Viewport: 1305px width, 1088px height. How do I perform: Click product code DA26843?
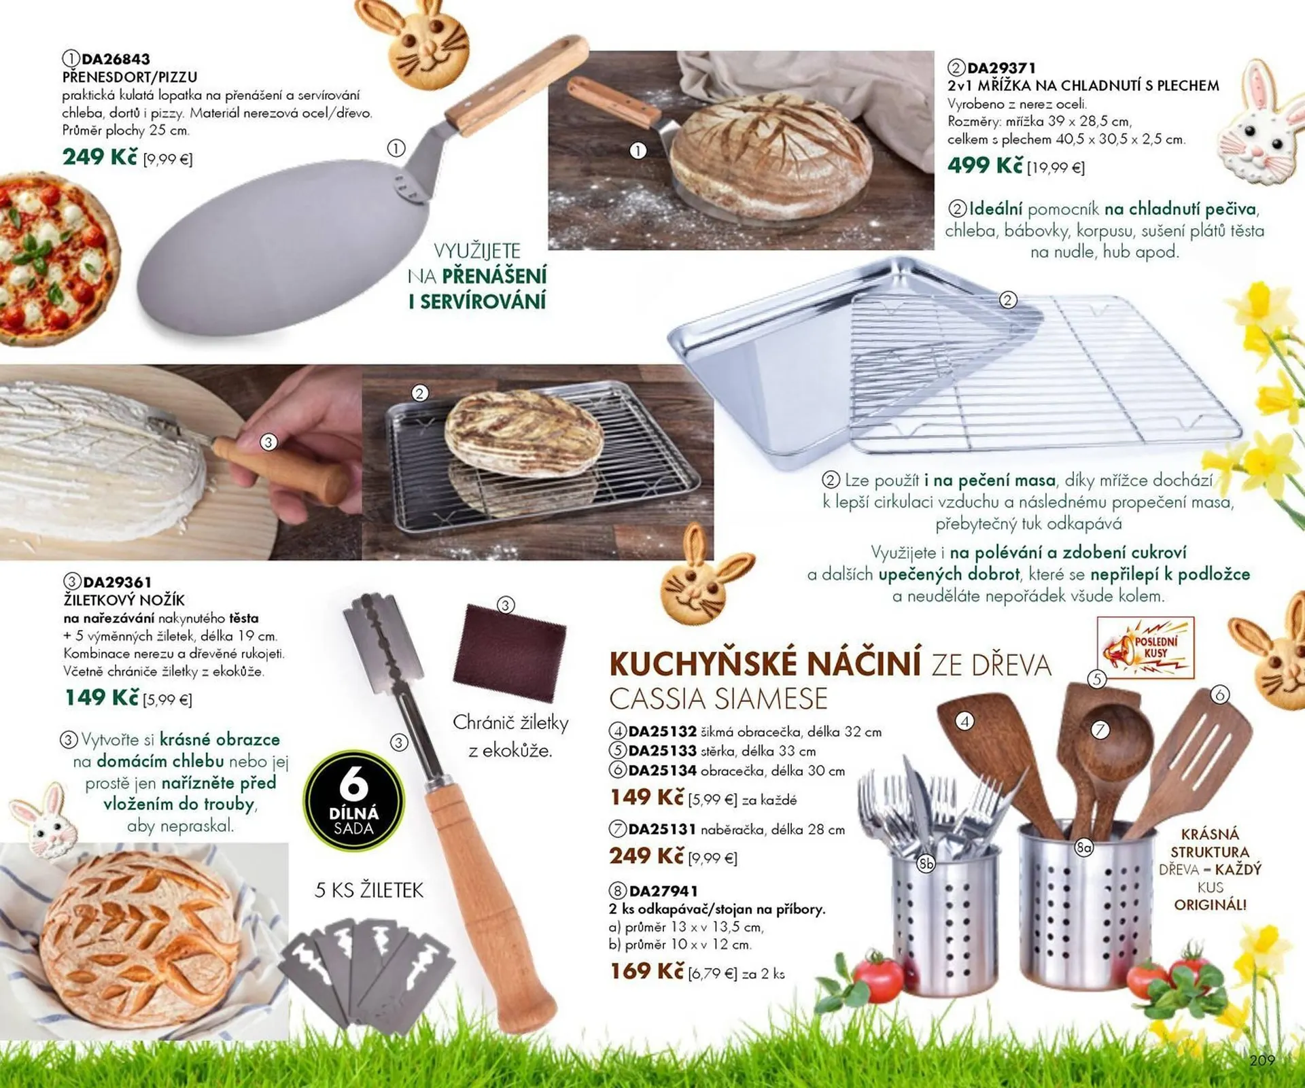116,59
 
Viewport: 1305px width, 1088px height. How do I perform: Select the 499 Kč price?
985,165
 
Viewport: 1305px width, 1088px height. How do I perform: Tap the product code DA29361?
117,582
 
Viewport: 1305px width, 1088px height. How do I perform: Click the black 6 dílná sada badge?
353,800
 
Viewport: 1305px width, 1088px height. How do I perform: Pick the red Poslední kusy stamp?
1146,648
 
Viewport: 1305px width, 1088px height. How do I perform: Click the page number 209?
1262,1060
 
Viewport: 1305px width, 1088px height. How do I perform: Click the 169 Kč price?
646,971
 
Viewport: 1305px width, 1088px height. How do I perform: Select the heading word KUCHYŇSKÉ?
702,664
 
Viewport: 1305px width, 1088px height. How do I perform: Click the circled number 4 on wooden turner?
964,721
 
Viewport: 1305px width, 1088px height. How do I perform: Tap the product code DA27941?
663,890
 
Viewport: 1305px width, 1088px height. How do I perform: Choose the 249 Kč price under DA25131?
646,856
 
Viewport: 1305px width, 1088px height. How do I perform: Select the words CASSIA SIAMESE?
718,699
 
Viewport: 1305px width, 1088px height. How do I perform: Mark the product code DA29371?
1002,68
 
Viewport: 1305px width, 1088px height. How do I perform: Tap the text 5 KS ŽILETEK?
369,890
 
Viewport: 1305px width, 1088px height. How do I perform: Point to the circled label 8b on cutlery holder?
926,863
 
